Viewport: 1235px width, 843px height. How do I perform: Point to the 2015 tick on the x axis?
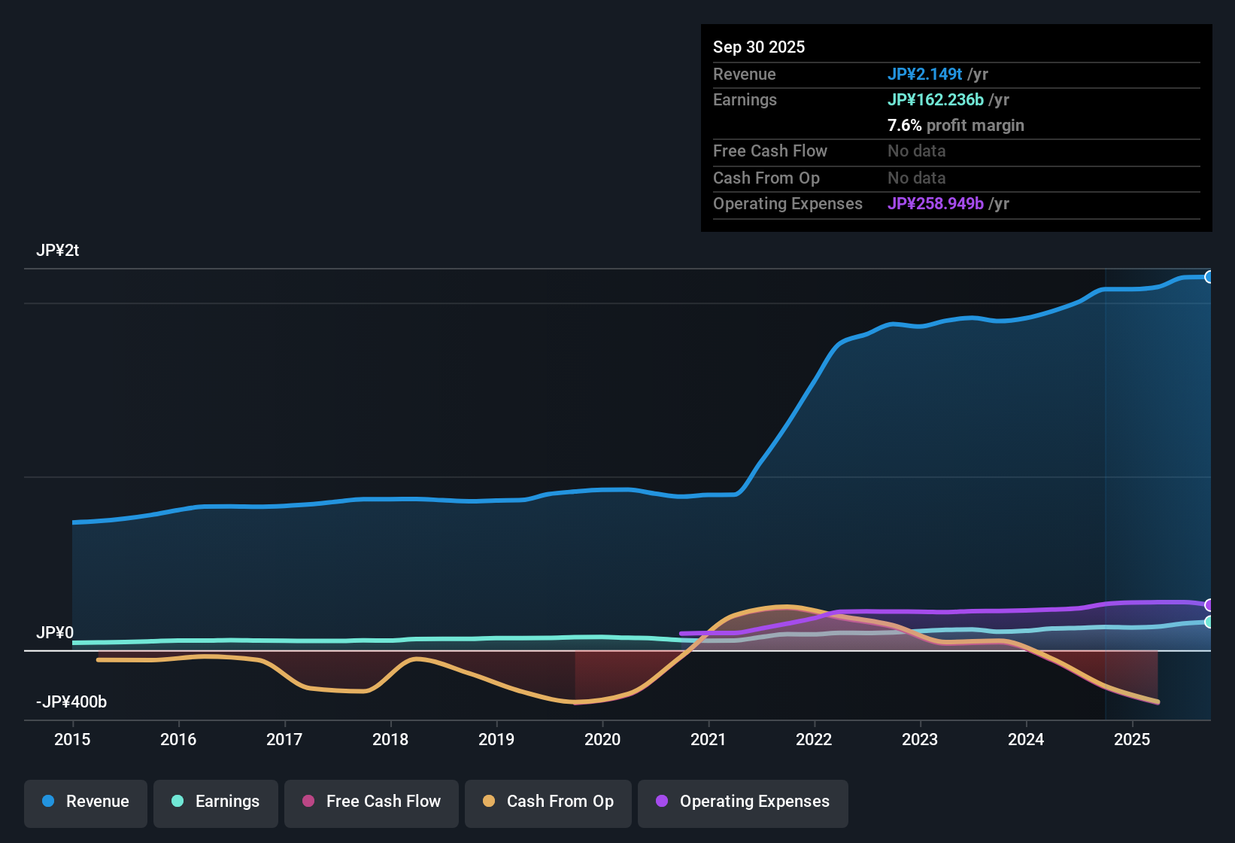pyautogui.click(x=72, y=739)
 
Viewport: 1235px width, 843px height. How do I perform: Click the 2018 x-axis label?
pyautogui.click(x=390, y=739)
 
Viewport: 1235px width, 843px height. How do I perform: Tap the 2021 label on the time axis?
pyautogui.click(x=709, y=739)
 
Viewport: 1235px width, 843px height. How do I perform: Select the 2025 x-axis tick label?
pyautogui.click(x=1132, y=739)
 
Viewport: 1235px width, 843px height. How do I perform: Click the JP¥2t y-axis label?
pyautogui.click(x=57, y=251)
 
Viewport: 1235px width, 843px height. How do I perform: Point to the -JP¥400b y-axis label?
pyautogui.click(x=71, y=701)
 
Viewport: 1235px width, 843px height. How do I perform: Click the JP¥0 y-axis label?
pyautogui.click(x=55, y=633)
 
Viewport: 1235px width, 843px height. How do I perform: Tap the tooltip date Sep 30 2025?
pyautogui.click(x=759, y=47)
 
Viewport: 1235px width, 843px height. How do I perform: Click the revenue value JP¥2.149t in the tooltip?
pyautogui.click(x=924, y=74)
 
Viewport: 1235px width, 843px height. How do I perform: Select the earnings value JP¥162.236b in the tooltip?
pyautogui.click(x=935, y=100)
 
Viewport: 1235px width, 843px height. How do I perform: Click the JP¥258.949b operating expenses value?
pyautogui.click(x=935, y=203)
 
